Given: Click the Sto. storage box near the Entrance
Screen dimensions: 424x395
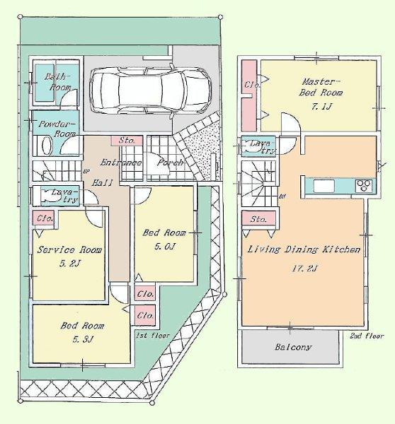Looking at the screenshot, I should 128,140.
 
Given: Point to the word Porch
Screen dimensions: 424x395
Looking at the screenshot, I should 171,162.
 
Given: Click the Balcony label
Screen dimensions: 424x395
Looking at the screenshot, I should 292,348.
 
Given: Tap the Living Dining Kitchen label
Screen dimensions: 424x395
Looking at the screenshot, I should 304,250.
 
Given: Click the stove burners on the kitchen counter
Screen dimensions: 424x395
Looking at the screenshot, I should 362,186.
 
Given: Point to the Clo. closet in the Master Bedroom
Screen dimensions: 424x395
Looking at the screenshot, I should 250,86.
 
